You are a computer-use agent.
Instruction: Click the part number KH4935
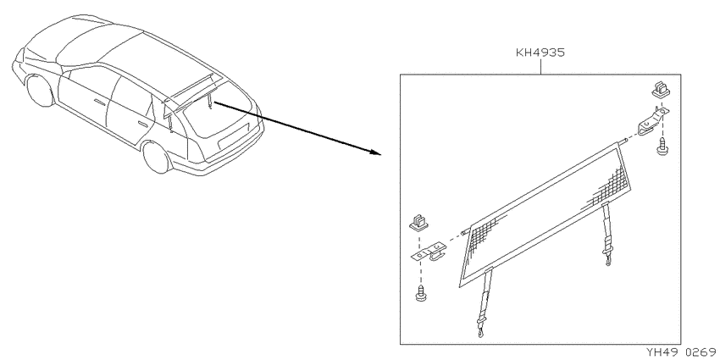(x=540, y=53)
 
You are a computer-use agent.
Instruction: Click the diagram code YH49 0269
(x=683, y=352)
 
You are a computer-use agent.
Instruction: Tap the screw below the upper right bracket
(x=662, y=147)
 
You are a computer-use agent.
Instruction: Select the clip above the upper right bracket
(x=661, y=90)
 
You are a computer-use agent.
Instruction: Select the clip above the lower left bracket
(x=418, y=222)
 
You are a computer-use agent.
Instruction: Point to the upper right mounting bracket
(x=652, y=121)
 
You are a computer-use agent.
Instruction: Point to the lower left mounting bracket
(x=429, y=253)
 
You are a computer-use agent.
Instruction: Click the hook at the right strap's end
(x=609, y=261)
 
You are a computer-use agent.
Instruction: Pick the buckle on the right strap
(x=607, y=241)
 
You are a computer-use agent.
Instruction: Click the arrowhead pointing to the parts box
(x=375, y=152)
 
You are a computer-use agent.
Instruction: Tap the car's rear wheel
(x=157, y=157)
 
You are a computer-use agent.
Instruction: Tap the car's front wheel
(x=41, y=91)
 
